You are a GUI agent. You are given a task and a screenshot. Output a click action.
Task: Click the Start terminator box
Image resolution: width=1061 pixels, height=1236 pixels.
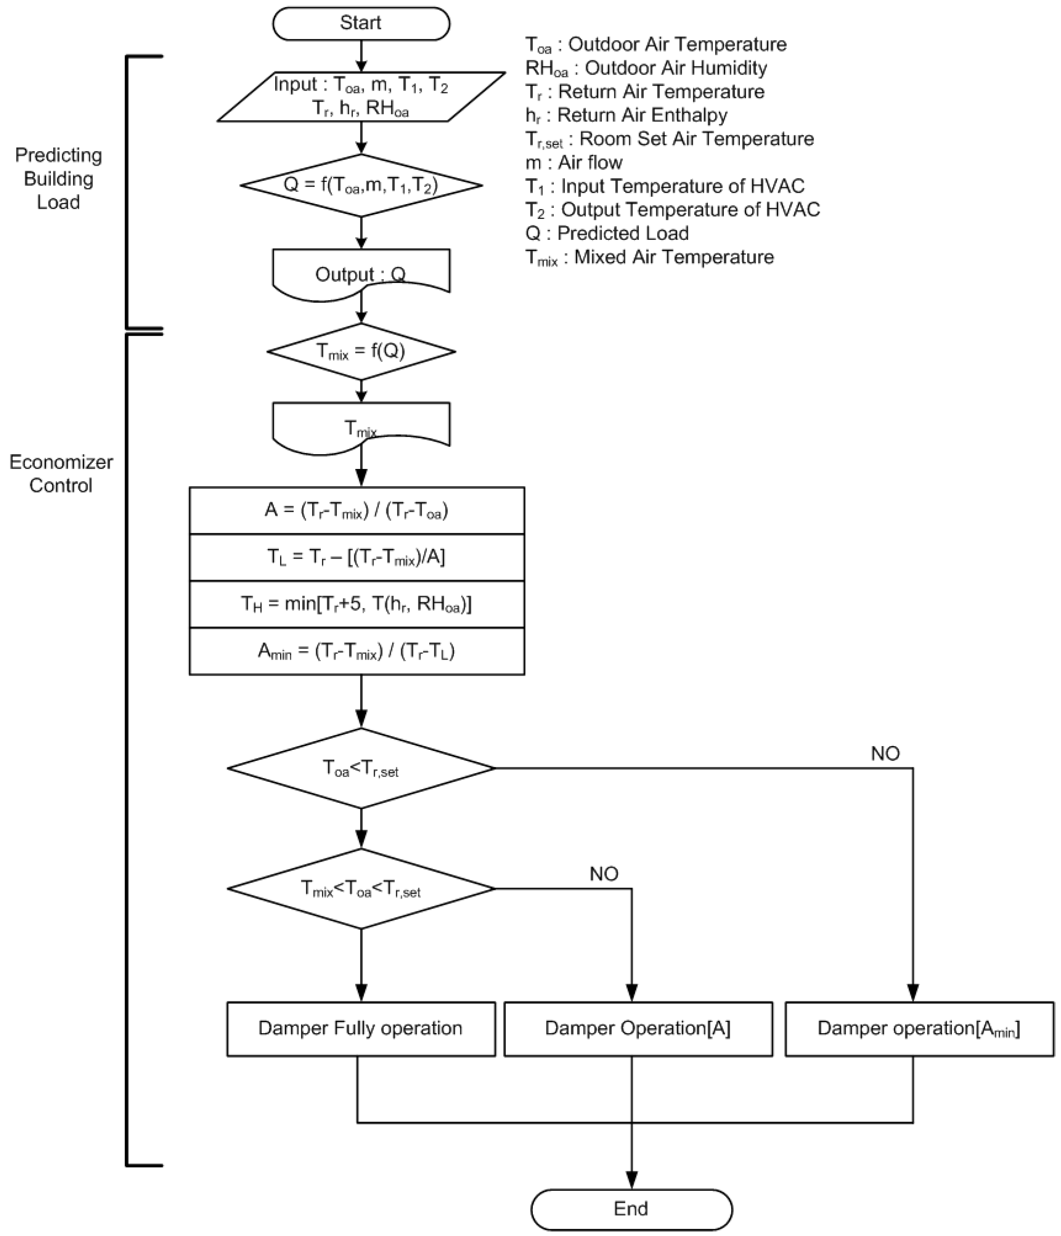click(x=361, y=24)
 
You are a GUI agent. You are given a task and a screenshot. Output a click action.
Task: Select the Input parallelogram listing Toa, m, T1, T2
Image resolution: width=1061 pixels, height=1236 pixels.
click(x=361, y=97)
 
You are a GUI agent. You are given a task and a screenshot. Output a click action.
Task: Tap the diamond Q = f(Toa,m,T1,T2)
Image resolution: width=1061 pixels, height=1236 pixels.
click(x=361, y=186)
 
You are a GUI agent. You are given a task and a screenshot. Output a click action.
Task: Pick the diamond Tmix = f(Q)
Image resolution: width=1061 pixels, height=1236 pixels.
click(x=361, y=351)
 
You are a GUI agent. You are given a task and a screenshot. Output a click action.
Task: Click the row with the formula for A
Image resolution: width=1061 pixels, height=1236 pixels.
click(x=356, y=511)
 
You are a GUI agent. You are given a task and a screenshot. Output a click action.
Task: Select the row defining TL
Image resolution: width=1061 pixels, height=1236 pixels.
click(x=356, y=557)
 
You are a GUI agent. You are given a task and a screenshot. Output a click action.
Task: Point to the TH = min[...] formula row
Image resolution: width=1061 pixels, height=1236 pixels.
click(x=356, y=604)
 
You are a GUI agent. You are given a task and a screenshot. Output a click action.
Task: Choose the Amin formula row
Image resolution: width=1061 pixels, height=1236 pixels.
click(x=356, y=651)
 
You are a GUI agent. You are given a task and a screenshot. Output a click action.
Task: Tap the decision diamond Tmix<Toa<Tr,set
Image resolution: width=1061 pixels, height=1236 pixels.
click(x=361, y=889)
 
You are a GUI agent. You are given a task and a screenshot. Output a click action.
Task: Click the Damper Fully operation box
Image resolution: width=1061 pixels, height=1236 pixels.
click(x=361, y=1029)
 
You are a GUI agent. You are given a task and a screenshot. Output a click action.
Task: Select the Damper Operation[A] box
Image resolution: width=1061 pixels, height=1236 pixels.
click(x=637, y=1029)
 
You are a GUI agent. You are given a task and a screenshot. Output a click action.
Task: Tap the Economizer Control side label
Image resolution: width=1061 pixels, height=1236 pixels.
click(x=61, y=473)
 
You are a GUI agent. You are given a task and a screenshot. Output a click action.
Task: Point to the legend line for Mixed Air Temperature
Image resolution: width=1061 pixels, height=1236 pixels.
click(x=649, y=257)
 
